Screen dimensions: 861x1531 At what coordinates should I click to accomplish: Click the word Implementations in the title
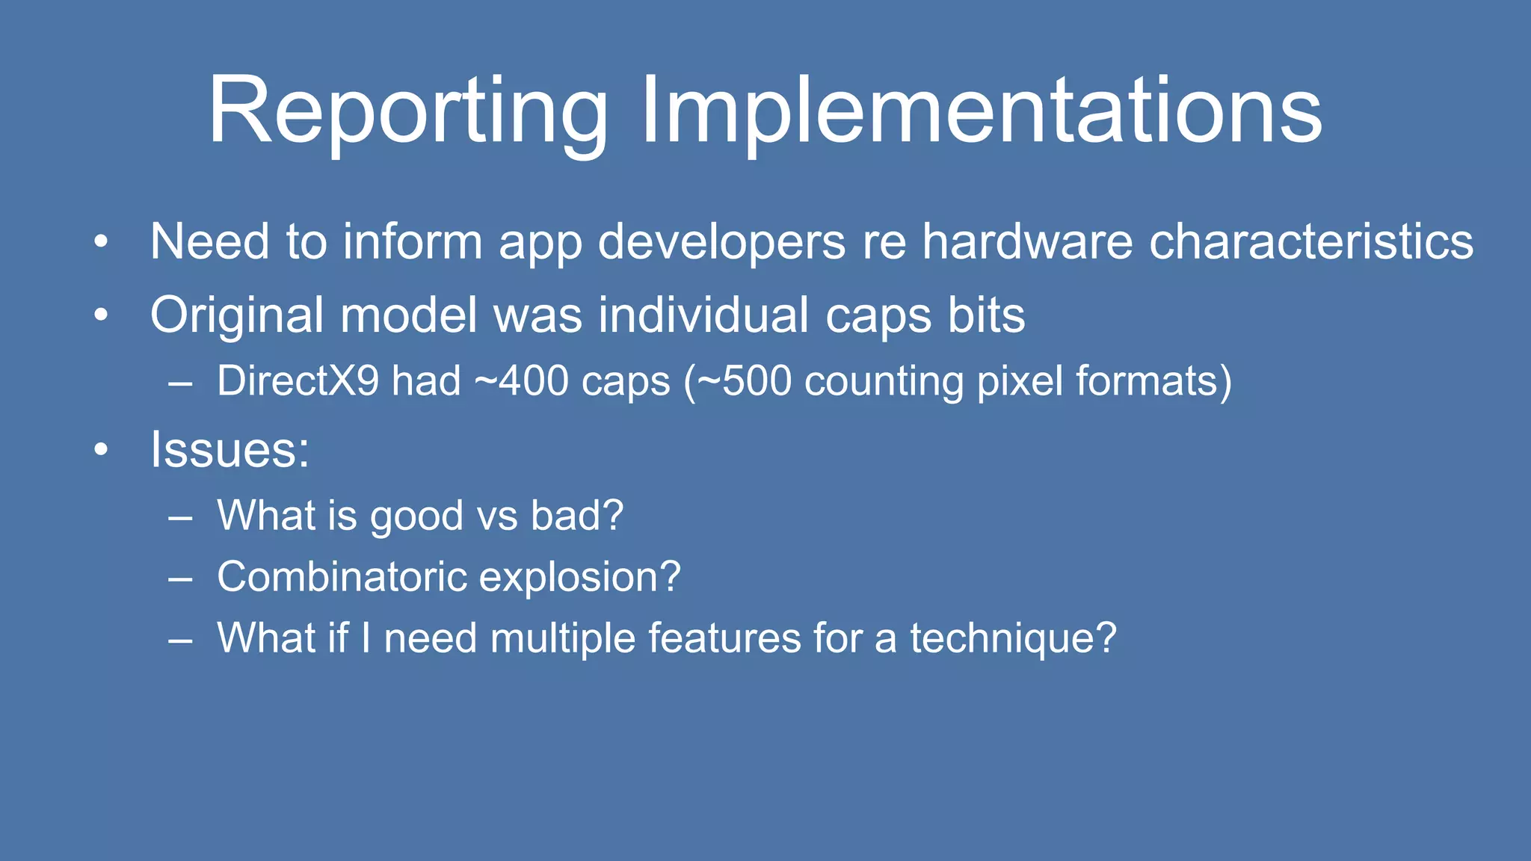(981, 112)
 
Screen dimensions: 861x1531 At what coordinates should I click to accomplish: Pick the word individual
(703, 315)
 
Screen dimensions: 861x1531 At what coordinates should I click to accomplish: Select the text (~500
(737, 380)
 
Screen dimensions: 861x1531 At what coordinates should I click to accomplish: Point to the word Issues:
(230, 450)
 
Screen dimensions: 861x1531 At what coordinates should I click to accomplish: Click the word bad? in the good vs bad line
(576, 516)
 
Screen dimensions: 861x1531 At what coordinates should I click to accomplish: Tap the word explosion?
(579, 577)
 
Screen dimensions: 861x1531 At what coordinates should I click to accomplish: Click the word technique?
(1012, 638)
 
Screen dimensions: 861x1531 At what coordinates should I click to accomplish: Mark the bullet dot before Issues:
(102, 450)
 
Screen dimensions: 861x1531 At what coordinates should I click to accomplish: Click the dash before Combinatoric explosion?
(180, 578)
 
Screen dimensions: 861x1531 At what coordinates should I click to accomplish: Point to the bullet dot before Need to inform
(102, 242)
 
